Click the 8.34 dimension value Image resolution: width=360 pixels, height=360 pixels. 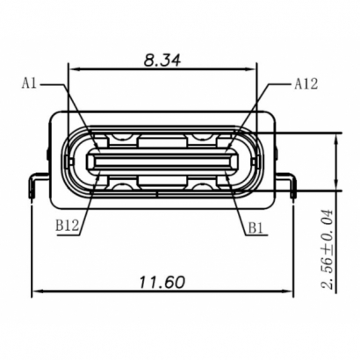pyautogui.click(x=162, y=61)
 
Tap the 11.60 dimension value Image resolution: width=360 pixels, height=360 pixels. pyautogui.click(x=162, y=282)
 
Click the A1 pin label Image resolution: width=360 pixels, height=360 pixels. pyautogui.click(x=30, y=83)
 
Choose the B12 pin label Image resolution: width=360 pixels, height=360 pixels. pyautogui.click(x=68, y=226)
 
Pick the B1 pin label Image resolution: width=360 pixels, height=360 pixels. pyautogui.click(x=256, y=226)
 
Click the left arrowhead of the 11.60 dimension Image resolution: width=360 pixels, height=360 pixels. pyautogui.click(x=37, y=292)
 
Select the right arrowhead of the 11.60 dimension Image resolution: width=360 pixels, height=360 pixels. pyautogui.click(x=290, y=292)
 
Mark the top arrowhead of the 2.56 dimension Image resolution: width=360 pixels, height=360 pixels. pyautogui.click(x=338, y=138)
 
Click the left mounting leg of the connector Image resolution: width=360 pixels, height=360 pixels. pyautogui.click(x=37, y=182)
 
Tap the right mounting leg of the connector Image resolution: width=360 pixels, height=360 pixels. pyautogui.click(x=290, y=182)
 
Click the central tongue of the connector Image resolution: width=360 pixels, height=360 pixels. pyautogui.click(x=162, y=161)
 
